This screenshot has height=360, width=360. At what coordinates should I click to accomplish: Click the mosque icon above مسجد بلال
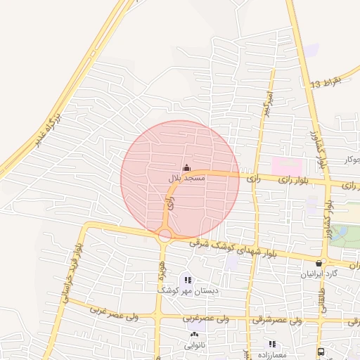(x=186, y=167)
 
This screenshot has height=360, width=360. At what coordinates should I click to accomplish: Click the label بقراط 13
(x=325, y=83)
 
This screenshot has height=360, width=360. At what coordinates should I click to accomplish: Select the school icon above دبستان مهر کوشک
(x=188, y=280)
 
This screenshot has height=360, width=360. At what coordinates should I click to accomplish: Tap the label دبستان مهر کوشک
(x=183, y=290)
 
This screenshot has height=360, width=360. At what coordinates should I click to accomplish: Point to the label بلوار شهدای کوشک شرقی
(x=232, y=248)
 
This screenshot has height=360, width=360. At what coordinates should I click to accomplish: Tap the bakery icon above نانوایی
(x=193, y=335)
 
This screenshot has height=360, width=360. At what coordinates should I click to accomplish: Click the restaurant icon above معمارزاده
(x=271, y=344)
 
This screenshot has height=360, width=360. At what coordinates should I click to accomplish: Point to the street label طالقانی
(x=324, y=295)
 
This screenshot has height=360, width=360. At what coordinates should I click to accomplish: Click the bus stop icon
(x=321, y=352)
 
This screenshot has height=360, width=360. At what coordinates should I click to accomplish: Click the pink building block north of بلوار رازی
(x=287, y=167)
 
